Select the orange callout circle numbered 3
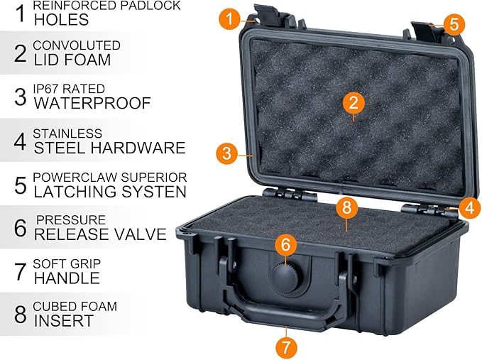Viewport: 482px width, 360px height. coord(226,152)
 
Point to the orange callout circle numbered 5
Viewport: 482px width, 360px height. coord(454,24)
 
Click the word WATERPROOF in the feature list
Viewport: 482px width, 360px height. coord(92,103)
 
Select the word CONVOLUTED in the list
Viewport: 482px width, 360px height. coord(77,45)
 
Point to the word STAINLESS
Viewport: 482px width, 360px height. coord(67,133)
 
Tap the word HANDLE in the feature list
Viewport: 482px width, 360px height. coord(67,278)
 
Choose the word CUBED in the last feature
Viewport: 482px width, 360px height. coord(53,307)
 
